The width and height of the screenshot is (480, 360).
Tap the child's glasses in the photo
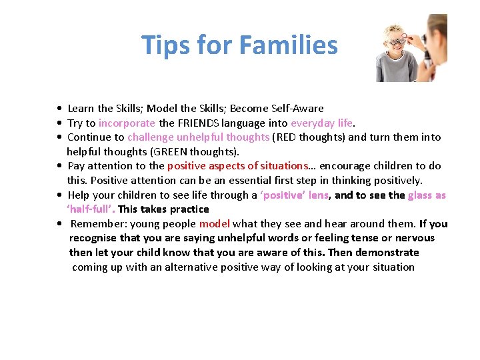pyautogui.click(x=397, y=41)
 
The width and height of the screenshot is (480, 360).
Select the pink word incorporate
pyautogui.click(x=127, y=123)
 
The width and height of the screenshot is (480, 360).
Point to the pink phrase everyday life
pyautogui.click(x=322, y=123)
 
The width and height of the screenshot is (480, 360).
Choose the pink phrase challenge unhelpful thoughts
pyautogui.click(x=199, y=137)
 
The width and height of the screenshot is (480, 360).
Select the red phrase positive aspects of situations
pyautogui.click(x=237, y=166)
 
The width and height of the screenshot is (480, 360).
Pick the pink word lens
pyautogui.click(x=318, y=195)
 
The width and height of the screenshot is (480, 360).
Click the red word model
pyautogui.click(x=214, y=224)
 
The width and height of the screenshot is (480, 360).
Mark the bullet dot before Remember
pyautogui.click(x=60, y=224)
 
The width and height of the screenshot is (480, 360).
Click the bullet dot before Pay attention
pyautogui.click(x=60, y=166)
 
